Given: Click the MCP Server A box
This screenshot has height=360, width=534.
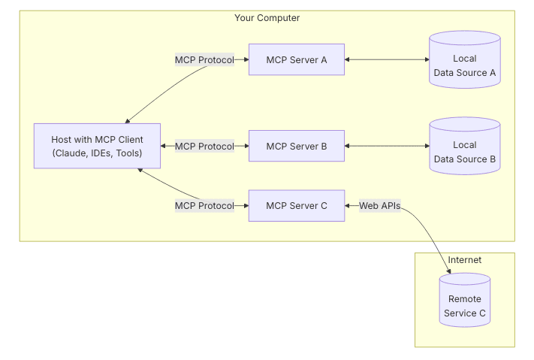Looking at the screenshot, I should [x=296, y=59].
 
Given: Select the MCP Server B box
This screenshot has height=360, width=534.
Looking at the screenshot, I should [x=296, y=146].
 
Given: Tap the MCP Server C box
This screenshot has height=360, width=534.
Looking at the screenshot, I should [x=296, y=205].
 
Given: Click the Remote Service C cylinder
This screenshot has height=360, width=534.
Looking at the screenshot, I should [x=464, y=300].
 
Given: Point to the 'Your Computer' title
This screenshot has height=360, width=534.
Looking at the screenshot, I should [x=267, y=17].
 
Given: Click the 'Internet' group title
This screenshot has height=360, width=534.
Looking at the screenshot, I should [x=464, y=260].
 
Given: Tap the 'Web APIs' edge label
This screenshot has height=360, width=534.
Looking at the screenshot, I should [x=379, y=205].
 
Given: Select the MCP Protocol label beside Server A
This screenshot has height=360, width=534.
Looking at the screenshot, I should [x=204, y=59].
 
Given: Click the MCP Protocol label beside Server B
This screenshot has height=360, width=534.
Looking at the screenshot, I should [x=204, y=146].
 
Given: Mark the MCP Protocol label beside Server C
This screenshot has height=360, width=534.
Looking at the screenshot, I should [x=204, y=205].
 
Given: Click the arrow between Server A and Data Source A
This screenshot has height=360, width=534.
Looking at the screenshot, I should [x=386, y=59].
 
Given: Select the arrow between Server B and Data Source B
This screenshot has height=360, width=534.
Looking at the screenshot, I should [x=386, y=146].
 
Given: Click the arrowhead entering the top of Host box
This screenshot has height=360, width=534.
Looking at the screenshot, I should [x=129, y=120].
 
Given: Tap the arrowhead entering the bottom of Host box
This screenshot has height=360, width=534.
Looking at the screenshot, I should [x=140, y=171].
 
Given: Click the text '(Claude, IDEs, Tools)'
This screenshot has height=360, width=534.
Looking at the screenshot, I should [x=97, y=153].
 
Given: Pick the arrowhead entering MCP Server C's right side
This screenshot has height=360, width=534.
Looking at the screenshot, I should [x=348, y=205].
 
